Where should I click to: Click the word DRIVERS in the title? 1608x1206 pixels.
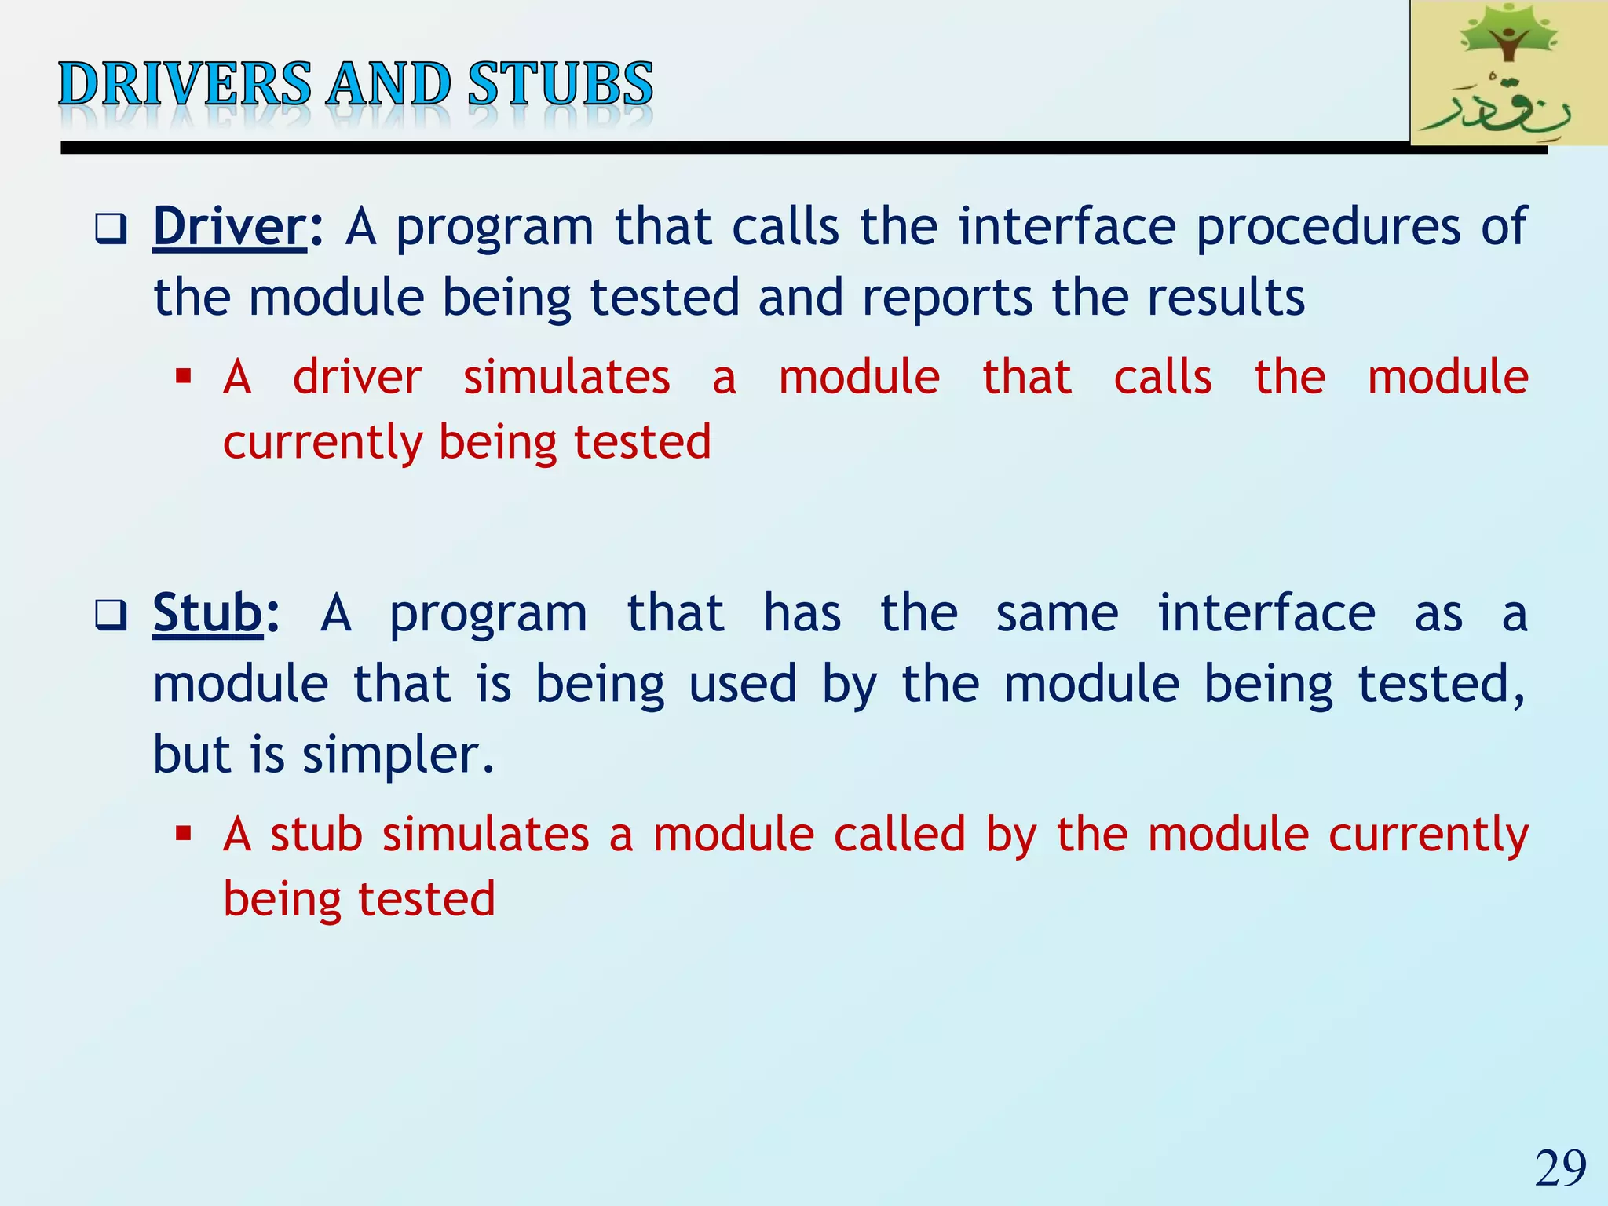tap(185, 84)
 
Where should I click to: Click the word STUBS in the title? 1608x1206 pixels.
tap(560, 84)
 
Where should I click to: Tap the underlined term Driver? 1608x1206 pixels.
tap(228, 227)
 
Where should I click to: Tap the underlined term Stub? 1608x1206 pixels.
tap(207, 612)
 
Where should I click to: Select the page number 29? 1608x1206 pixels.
tap(1560, 1168)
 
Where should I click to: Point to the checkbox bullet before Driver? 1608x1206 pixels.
tap(110, 230)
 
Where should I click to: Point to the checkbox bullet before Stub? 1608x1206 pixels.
tap(110, 616)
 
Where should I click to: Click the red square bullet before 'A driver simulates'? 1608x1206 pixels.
tap(184, 377)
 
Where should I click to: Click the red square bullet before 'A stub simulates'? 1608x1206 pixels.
tap(184, 833)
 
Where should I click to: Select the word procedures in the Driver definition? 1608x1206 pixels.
tap(1328, 227)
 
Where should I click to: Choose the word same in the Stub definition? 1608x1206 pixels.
tap(1057, 612)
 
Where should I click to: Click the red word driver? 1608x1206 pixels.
tap(357, 377)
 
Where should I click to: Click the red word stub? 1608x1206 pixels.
tap(316, 833)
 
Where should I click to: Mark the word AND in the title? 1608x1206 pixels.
tap(388, 84)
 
